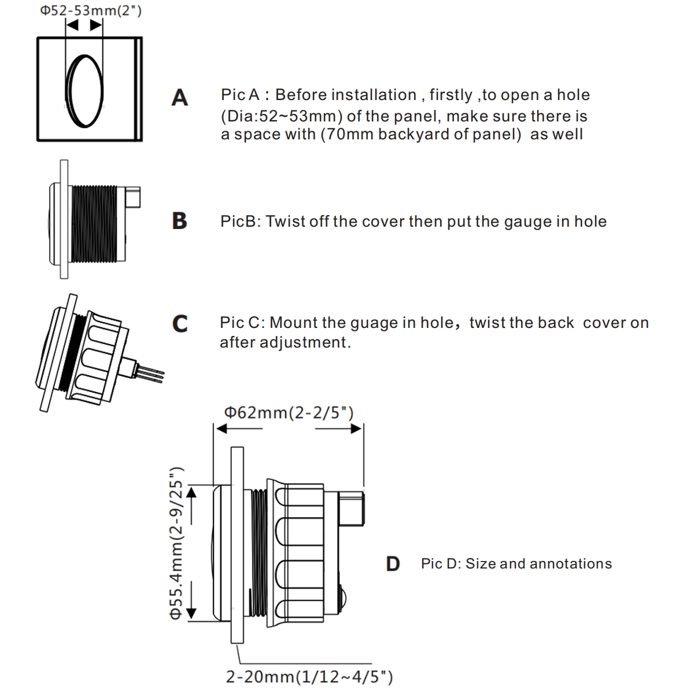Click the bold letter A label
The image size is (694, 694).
[x=180, y=97]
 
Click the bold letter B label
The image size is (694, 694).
[x=180, y=221]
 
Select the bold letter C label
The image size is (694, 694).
[x=180, y=324]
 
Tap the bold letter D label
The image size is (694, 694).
[x=393, y=564]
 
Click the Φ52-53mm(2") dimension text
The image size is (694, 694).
[x=90, y=11]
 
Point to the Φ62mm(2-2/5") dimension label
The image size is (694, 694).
[x=289, y=412]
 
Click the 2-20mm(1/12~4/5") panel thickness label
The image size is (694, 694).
[x=309, y=676]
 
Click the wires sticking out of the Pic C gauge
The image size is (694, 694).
[x=152, y=372]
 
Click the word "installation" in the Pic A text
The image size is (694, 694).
[x=374, y=95]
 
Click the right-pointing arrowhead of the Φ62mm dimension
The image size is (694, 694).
[x=356, y=429]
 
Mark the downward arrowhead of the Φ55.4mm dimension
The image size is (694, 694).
[x=193, y=612]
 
